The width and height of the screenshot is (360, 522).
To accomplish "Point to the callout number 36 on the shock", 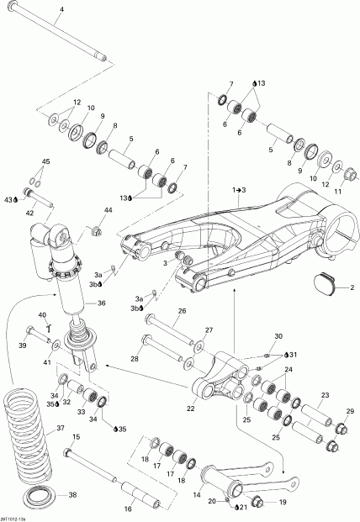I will point(100,303).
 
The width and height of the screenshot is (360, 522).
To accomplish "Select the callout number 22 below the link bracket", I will point(190,408).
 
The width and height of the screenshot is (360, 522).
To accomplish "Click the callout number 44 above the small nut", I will point(108,209).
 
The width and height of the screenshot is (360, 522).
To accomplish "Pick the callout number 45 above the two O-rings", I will point(46,161).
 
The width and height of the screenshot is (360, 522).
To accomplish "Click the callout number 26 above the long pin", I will point(181,310).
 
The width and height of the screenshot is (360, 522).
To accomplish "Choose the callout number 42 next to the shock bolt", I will point(29,214).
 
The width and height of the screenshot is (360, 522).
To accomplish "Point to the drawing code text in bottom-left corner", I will point(18,517).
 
